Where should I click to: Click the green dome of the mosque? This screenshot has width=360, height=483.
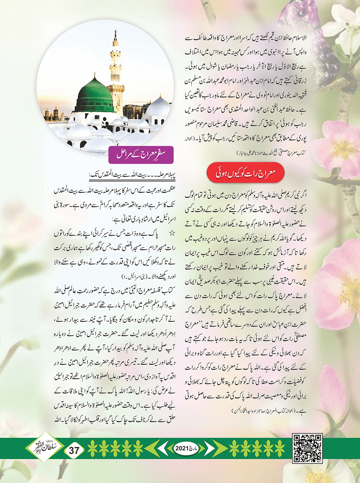click(94, 94)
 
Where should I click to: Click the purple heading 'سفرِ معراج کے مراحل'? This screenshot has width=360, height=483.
click(141, 154)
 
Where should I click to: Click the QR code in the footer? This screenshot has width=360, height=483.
click(307, 448)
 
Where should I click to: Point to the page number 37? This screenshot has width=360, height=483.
click(74, 450)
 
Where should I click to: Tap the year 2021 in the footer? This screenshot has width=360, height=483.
click(182, 448)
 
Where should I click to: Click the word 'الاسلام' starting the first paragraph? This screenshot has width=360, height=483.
click(299, 38)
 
